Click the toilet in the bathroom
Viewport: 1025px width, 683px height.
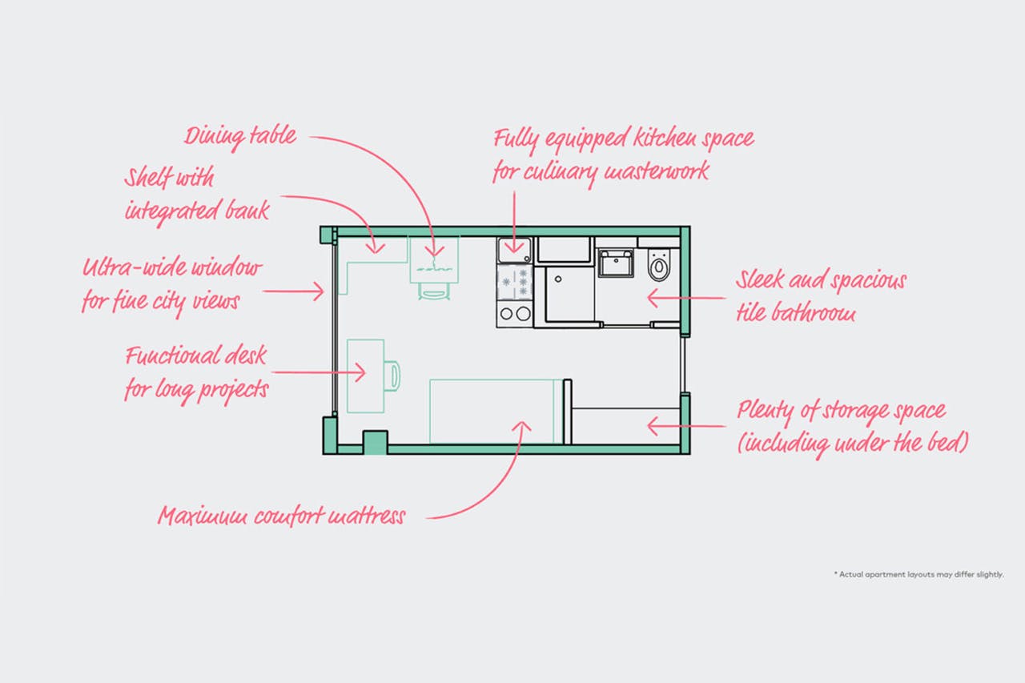(x=659, y=264)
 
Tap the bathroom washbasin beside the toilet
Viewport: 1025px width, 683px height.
(x=616, y=263)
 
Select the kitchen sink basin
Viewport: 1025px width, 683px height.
(x=514, y=251)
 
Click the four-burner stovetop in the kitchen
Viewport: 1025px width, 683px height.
(x=515, y=283)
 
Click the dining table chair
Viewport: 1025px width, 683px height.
(x=433, y=291)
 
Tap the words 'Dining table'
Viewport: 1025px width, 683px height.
(x=240, y=137)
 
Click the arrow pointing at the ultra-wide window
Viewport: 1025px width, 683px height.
(x=293, y=291)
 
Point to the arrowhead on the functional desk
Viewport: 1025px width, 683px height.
(x=360, y=372)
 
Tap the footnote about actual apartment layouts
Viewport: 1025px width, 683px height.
(x=919, y=574)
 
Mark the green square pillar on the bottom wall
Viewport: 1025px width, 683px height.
(x=376, y=442)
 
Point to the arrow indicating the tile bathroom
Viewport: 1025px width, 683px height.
(x=686, y=299)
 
